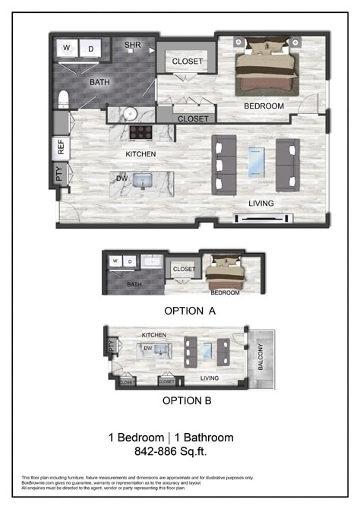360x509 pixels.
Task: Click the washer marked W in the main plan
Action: pyautogui.click(x=67, y=49)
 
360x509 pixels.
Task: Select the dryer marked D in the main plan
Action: pyautogui.click(x=92, y=49)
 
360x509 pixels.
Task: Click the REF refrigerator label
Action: pyautogui.click(x=61, y=147)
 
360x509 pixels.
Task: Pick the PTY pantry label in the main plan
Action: pyautogui.click(x=60, y=175)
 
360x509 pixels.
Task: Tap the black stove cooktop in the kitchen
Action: pyautogui.click(x=142, y=132)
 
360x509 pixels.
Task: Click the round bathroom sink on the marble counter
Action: pyautogui.click(x=130, y=114)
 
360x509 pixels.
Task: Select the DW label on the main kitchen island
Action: pyautogui.click(x=122, y=179)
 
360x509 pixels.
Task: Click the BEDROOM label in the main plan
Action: pyautogui.click(x=264, y=106)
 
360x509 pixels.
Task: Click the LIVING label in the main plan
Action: pyautogui.click(x=261, y=204)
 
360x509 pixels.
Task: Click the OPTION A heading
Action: pyautogui.click(x=189, y=311)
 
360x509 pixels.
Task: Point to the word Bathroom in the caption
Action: pyautogui.click(x=206, y=438)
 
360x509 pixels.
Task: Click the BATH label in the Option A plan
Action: pyautogui.click(x=134, y=285)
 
